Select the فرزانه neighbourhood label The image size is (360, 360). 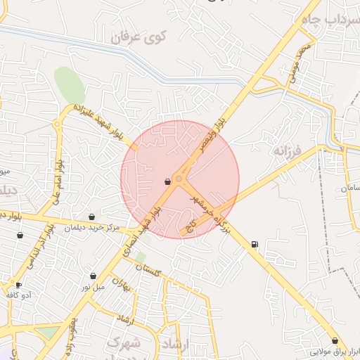click(288, 150)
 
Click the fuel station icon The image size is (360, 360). click(254, 244)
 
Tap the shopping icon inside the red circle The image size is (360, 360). click(167, 181)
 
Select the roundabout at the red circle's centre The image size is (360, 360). click(179, 180)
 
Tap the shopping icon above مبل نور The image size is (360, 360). click(94, 276)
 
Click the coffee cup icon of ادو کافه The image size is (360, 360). click(18, 285)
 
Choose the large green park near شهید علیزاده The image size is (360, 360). click(70, 85)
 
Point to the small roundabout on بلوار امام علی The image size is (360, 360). click(56, 124)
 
